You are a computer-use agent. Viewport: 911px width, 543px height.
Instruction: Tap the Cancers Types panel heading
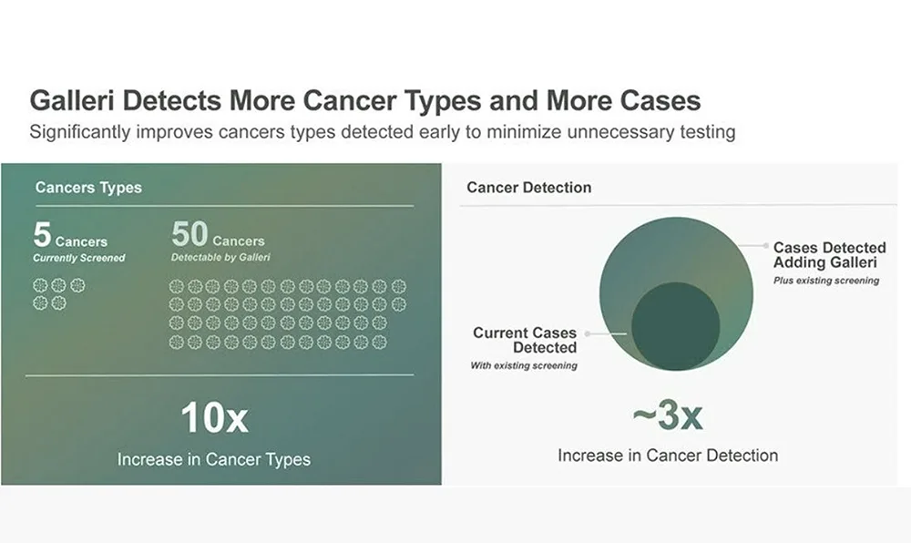88,188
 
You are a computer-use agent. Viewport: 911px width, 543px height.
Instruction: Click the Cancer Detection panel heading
528,188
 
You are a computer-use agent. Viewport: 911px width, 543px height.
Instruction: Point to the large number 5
42,235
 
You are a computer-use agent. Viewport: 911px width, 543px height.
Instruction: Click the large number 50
189,235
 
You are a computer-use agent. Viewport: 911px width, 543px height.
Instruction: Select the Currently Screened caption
79,258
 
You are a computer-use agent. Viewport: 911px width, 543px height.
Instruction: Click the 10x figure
214,418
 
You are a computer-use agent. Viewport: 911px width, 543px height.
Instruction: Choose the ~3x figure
668,416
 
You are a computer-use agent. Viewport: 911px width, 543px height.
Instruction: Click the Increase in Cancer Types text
214,459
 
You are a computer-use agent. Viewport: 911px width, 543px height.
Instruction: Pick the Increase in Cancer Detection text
668,455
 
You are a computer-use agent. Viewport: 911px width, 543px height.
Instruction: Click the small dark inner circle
675,326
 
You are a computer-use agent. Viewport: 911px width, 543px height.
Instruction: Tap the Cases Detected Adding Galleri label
829,255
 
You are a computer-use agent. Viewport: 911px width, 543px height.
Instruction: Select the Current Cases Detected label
525,340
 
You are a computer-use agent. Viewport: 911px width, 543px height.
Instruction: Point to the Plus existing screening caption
826,281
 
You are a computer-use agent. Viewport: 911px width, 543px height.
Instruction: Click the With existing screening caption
523,365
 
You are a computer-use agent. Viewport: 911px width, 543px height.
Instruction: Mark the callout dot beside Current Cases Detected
588,333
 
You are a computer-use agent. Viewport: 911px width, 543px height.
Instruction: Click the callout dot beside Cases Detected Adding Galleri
763,246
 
